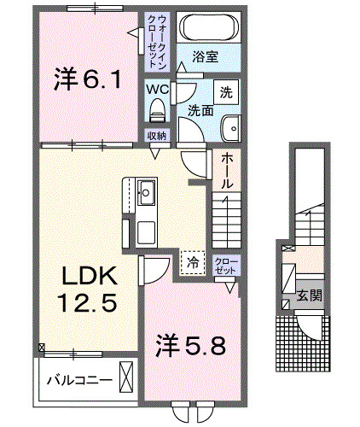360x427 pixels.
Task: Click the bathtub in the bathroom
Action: pos(209,27)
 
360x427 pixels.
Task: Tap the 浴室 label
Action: pos(206,56)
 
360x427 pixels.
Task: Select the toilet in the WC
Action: pos(157,110)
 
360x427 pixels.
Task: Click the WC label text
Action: pos(158,90)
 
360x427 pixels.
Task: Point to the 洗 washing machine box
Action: pos(226,92)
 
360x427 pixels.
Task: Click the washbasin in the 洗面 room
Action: pos(231,128)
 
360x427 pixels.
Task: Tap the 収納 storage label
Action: pos(157,136)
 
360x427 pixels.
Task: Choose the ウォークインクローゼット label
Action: pos(157,41)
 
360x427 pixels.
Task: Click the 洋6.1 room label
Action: pos(88,79)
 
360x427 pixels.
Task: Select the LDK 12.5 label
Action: pos(88,289)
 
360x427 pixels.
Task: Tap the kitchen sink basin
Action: pos(146,192)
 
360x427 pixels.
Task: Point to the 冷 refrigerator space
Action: pos(193,263)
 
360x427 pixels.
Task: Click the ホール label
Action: pos(227,170)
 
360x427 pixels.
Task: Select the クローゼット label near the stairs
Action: pos(226,266)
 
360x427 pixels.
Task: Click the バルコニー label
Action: pos(80,380)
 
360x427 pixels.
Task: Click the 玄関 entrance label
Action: pos(310,295)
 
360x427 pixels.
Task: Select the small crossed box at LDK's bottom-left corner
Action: pos(42,348)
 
